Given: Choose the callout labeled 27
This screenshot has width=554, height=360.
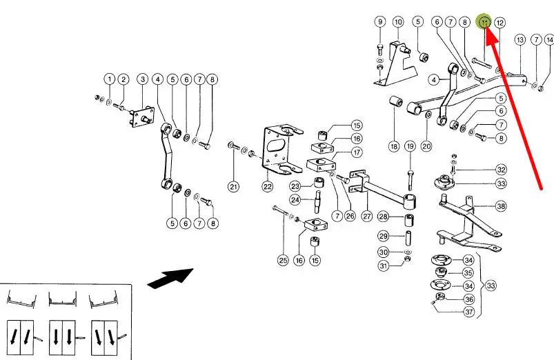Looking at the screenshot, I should click(367, 217).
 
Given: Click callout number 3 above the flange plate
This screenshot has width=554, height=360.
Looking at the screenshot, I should click(143, 79).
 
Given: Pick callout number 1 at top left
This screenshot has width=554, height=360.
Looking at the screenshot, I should click(109, 79).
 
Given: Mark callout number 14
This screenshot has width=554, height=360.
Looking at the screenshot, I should click(549, 41).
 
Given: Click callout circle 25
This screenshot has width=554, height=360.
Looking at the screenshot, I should click(283, 260).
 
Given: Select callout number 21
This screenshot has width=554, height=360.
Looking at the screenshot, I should click(234, 186).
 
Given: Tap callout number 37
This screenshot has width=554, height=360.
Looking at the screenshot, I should click(468, 312).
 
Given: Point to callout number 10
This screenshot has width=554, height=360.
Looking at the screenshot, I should click(398, 22).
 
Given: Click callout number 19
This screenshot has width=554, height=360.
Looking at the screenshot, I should click(410, 146).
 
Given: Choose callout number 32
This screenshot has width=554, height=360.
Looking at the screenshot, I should click(501, 170).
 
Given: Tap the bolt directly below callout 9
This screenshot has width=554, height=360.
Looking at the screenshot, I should click(380, 48).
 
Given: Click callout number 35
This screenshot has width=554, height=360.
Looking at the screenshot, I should click(468, 273).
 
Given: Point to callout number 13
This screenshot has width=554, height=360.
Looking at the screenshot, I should click(520, 41).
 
